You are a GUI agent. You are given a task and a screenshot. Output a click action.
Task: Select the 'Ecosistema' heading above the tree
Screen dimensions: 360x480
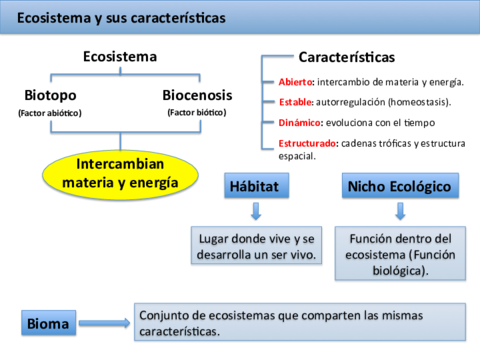[120, 57]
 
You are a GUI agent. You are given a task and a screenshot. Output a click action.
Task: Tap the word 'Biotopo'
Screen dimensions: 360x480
[49, 96]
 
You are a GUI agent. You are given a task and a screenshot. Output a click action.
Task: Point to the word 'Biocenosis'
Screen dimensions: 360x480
[197, 96]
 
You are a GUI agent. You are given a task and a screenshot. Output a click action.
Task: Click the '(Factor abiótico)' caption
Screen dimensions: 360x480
[50, 113]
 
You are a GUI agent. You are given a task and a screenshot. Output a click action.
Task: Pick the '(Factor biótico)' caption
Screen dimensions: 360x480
[197, 112]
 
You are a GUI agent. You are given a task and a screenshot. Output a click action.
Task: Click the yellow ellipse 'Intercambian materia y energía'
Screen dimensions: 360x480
[119, 173]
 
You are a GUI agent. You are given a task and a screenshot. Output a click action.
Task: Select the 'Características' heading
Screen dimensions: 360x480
[346, 57]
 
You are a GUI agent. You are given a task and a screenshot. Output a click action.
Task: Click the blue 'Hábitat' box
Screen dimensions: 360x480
[260, 186]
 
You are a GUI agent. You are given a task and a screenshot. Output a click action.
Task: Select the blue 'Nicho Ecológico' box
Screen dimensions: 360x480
[399, 186]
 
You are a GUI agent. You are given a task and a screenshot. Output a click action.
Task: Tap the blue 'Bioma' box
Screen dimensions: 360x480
[49, 323]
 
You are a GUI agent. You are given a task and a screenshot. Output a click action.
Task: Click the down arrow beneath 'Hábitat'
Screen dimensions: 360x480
[256, 211]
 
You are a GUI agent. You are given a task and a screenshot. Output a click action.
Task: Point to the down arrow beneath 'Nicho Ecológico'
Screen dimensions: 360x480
[400, 211]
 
